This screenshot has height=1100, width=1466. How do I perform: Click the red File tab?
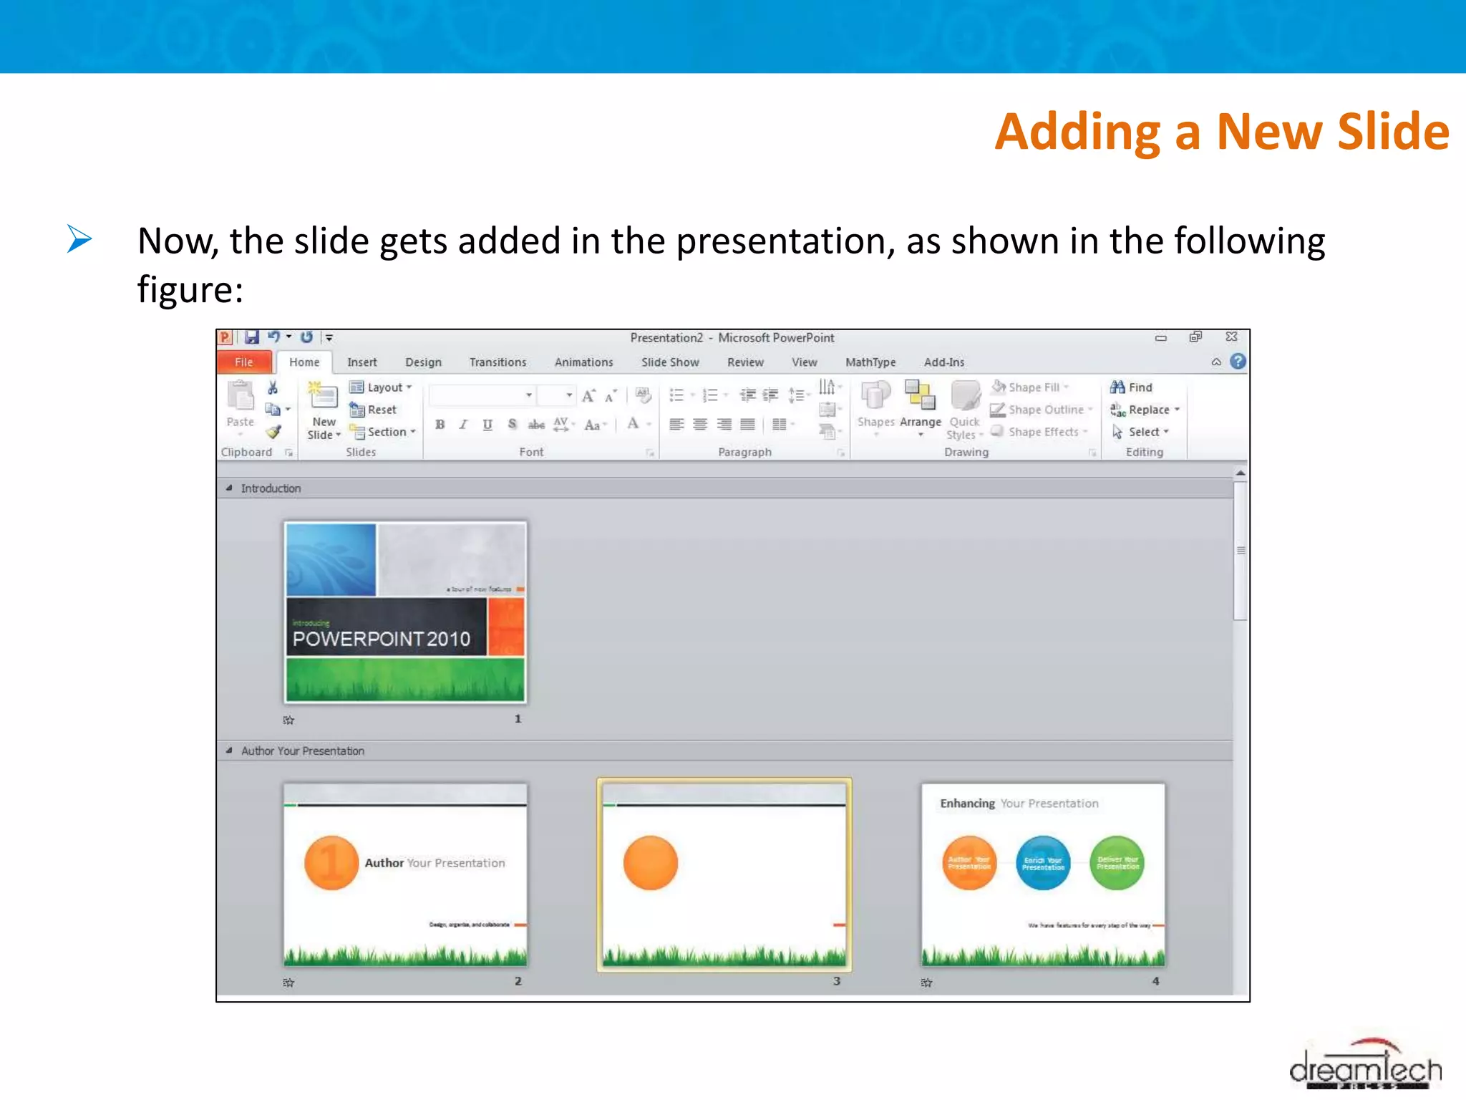[243, 362]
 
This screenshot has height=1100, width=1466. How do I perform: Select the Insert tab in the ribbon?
[361, 362]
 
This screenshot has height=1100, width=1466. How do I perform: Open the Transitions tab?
[497, 362]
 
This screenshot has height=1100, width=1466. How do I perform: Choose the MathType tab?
[870, 362]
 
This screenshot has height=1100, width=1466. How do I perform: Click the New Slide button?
[324, 412]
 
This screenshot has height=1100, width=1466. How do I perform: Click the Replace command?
[1146, 410]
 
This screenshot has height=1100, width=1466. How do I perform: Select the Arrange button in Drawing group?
[920, 408]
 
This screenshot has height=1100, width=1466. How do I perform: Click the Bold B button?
[440, 425]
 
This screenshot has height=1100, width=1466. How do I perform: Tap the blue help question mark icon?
[1238, 362]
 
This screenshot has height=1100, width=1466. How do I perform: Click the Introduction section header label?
[271, 488]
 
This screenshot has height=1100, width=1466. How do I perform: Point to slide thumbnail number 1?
[405, 612]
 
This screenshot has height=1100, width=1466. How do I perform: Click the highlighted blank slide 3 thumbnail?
[724, 874]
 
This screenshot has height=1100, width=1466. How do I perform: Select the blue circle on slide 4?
[1043, 863]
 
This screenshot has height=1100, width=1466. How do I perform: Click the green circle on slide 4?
[1117, 863]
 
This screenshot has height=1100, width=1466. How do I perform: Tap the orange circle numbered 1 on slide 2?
[331, 863]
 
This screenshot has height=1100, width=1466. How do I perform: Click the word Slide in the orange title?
[1393, 132]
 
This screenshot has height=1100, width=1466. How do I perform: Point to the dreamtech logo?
[1365, 1067]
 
